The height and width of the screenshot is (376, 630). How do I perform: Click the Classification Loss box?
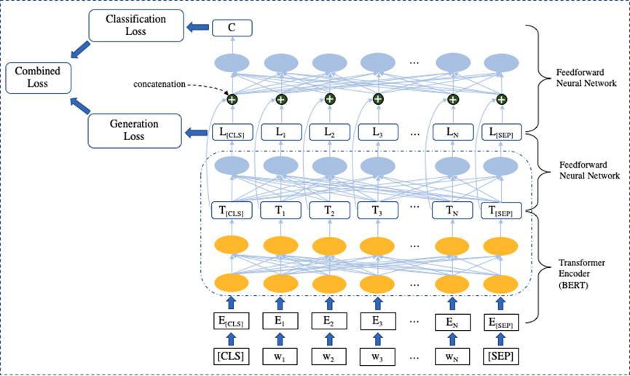pos(135,26)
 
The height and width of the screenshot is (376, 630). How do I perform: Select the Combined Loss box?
pos(38,78)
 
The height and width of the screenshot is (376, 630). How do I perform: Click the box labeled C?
pos(232,28)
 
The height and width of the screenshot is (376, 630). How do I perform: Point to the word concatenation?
pos(160,85)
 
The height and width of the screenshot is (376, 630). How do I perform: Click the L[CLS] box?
pos(232,133)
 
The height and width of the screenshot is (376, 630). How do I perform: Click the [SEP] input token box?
pos(502,357)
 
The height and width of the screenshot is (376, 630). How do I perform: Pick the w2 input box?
pos(329,357)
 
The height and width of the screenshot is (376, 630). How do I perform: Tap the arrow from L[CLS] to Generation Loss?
pos(196,133)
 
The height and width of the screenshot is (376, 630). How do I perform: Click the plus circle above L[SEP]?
pos(502,100)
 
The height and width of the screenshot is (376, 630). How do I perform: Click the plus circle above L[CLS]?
pos(232,99)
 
